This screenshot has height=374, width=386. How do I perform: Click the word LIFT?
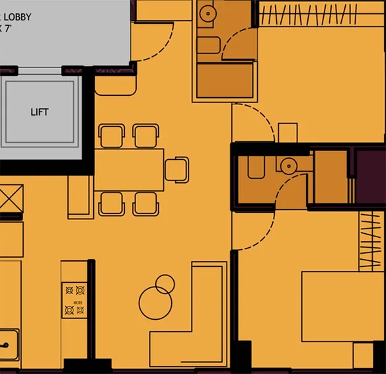[40, 112]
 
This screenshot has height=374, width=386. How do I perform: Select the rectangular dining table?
[129, 170]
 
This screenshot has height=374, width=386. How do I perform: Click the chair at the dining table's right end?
[176, 169]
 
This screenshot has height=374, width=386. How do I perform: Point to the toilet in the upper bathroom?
[208, 44]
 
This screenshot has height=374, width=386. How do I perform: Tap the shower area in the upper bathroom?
[225, 81]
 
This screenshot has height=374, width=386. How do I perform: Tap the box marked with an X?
[11, 198]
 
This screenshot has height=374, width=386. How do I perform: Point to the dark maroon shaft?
[370, 175]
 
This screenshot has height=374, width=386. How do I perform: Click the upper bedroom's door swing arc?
[254, 122]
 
